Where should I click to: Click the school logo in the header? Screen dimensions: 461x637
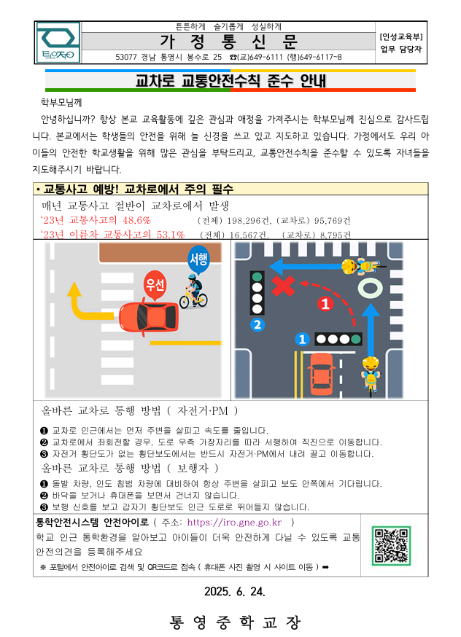pos(58,42)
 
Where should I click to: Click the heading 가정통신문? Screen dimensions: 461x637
pos(228,42)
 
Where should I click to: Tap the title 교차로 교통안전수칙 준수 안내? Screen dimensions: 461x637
pos(230,80)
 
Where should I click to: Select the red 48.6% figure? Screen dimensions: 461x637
pos(136,220)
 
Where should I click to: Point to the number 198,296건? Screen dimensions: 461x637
pos(249,221)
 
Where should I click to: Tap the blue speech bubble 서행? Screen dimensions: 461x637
pos(198,259)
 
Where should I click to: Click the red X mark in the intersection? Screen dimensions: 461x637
pos(283,285)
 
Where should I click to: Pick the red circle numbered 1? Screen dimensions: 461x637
pos(325,303)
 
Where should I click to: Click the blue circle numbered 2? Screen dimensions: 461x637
pos(257,324)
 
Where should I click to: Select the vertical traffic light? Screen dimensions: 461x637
pos(257,292)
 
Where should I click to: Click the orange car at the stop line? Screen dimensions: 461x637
pos(321,374)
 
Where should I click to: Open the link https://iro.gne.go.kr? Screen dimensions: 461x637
pos(234,522)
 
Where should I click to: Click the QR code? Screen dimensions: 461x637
pos(391,545)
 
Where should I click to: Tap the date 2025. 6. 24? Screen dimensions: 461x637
pos(235,592)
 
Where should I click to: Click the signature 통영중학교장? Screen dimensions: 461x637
pos(235,622)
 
